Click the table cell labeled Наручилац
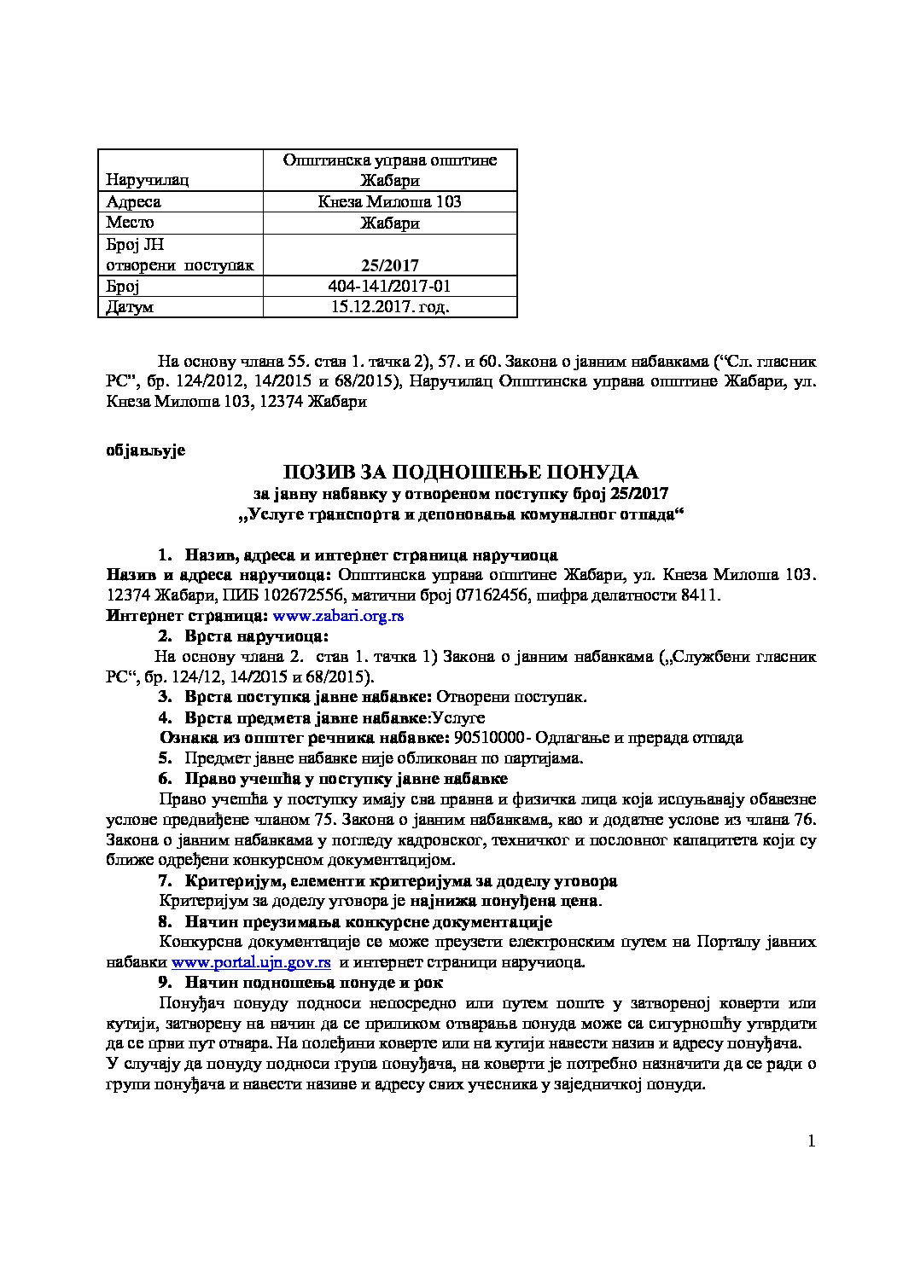click(x=148, y=180)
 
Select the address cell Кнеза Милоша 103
click(x=389, y=201)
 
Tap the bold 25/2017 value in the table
click(x=389, y=265)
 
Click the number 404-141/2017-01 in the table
click(x=389, y=286)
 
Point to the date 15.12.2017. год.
click(x=389, y=306)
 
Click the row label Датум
click(x=130, y=307)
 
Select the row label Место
click(x=130, y=223)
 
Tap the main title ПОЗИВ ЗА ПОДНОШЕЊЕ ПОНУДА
click(x=461, y=472)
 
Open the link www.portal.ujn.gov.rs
click(x=251, y=962)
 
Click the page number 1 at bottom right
click(x=811, y=1141)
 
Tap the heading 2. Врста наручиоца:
click(x=243, y=636)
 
